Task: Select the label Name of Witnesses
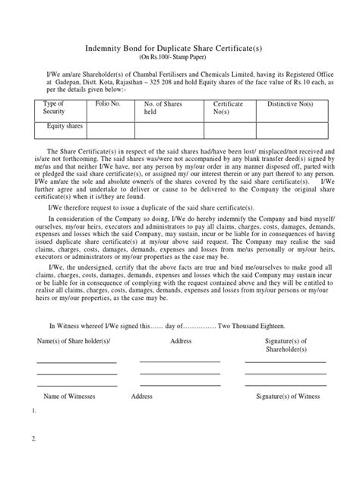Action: click(x=73, y=396)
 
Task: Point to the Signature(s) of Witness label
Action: click(x=286, y=396)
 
